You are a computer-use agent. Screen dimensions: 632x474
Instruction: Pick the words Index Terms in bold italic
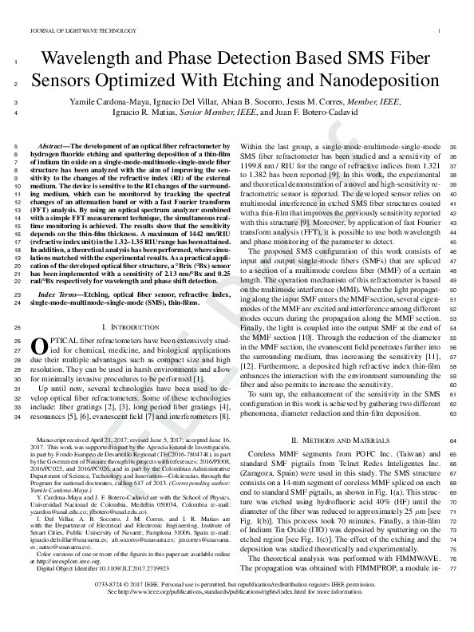(63, 294)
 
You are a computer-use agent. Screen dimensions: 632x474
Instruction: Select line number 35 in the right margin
(454, 148)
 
